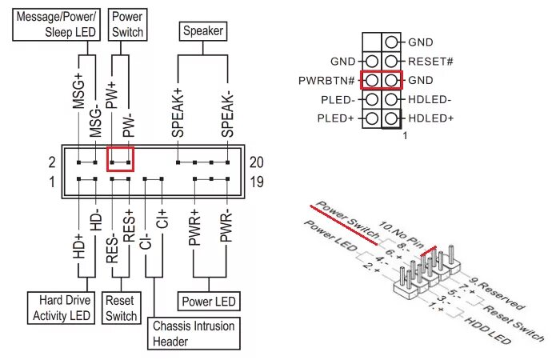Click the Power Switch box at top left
(x=127, y=24)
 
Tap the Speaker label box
(x=202, y=32)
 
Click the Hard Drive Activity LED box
(x=61, y=309)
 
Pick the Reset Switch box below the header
(x=122, y=309)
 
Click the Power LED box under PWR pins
(x=207, y=302)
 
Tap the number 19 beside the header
(x=256, y=182)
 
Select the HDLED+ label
(x=430, y=118)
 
